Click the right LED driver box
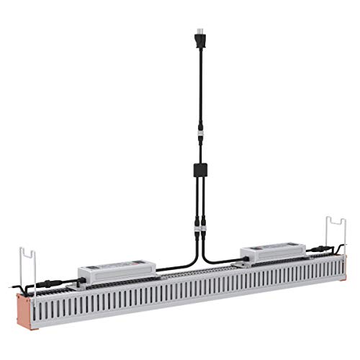[x=272, y=253]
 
